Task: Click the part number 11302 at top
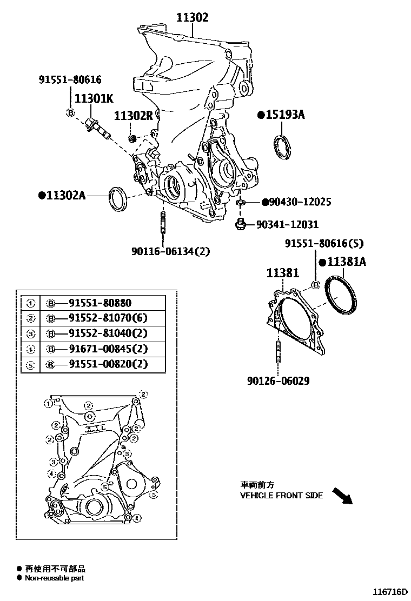[x=191, y=17]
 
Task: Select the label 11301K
[x=93, y=99]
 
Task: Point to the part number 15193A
[x=285, y=115]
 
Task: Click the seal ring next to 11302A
[x=119, y=198]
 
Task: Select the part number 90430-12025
[x=300, y=202]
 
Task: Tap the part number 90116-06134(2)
[x=170, y=251]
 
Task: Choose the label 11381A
[x=346, y=262]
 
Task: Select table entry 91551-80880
[x=100, y=303]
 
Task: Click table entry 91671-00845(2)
[x=108, y=349]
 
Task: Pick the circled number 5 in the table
[x=31, y=365]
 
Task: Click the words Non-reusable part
[x=54, y=578]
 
